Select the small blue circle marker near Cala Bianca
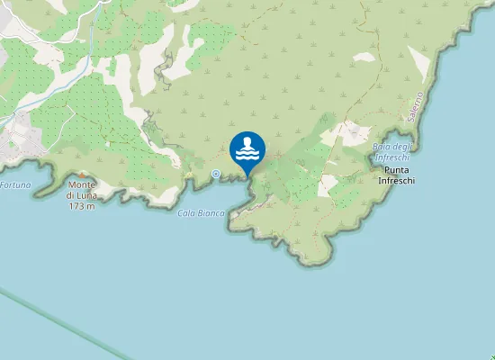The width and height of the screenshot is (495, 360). [215, 173]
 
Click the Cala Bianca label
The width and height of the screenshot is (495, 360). [201, 212]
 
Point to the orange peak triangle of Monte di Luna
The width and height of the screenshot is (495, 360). [82, 174]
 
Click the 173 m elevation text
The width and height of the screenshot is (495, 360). [81, 206]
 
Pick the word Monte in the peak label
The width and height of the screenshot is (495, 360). [82, 187]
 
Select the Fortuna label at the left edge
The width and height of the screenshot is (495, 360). [15, 184]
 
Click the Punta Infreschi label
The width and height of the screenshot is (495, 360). [396, 175]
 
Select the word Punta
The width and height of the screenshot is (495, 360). [396, 169]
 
